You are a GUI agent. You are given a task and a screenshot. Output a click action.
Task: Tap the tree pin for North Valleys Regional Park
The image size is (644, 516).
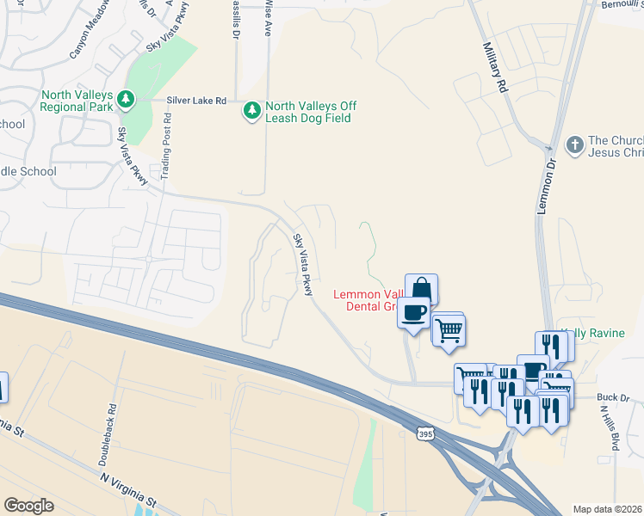tap(127, 100)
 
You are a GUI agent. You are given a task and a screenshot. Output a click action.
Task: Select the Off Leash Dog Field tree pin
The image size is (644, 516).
tap(251, 111)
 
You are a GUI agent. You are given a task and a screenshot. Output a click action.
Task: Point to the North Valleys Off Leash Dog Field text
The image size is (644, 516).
tap(310, 112)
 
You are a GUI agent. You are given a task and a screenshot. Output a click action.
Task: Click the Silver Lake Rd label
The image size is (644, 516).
tap(197, 101)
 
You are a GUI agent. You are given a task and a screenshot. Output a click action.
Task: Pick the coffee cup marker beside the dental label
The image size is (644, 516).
tap(414, 312)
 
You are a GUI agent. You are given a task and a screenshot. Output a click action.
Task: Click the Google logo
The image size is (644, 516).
tap(28, 506)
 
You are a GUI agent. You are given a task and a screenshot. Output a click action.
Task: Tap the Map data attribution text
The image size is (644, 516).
tap(608, 509)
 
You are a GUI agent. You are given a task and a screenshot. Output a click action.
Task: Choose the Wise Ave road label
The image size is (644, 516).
tap(269, 16)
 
